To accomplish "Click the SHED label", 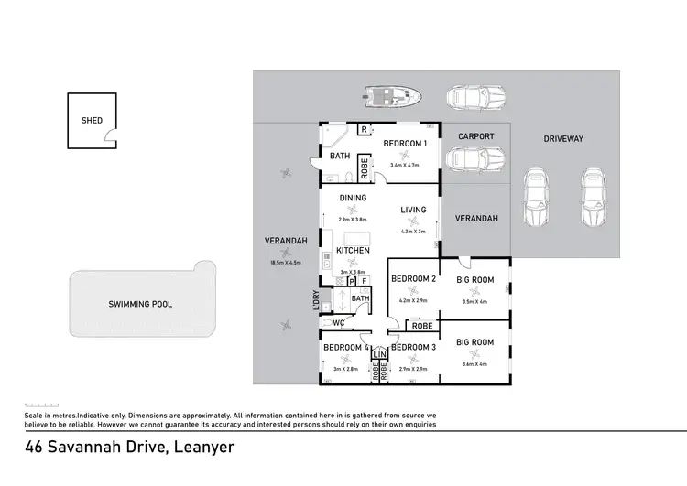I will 92,120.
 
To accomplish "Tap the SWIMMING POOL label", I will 140,304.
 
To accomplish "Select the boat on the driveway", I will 392,96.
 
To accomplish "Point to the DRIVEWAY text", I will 563,138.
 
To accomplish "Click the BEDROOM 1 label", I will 404,144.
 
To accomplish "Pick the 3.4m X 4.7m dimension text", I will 404,166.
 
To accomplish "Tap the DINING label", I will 353,198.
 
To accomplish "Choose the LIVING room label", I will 414,210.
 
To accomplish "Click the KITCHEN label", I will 353,250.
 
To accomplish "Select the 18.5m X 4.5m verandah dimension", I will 286,263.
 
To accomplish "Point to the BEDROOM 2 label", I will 412,278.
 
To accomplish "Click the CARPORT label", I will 476,136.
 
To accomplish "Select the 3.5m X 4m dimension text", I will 475,301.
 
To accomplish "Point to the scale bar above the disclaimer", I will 40,405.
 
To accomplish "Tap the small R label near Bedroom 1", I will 363,130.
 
